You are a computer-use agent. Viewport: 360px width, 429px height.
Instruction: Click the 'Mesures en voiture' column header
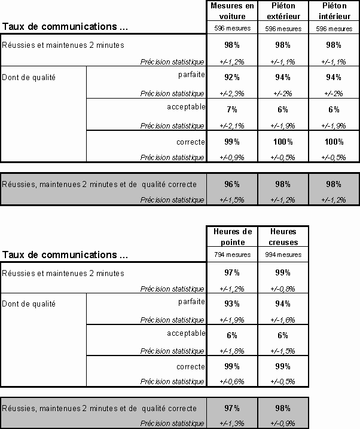232,10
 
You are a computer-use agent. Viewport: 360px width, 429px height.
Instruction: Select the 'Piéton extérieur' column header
283,10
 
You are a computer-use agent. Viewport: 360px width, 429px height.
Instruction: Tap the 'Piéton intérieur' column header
334,10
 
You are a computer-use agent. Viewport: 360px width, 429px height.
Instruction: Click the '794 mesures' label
232,255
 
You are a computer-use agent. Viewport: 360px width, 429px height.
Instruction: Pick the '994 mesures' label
283,255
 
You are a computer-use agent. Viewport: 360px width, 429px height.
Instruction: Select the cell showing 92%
232,77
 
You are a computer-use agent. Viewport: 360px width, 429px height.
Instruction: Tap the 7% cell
232,109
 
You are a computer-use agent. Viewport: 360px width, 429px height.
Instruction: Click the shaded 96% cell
232,184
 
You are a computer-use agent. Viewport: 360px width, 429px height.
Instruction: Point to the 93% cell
232,304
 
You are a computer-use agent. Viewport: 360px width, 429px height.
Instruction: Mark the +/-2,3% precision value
232,94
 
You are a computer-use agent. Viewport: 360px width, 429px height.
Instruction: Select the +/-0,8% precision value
283,289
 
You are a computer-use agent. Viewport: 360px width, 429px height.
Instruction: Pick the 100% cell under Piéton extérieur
283,142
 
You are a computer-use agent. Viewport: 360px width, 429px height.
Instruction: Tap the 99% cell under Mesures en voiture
232,142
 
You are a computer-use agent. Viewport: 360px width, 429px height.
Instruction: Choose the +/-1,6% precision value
283,320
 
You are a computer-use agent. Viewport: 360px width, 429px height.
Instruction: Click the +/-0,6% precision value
232,382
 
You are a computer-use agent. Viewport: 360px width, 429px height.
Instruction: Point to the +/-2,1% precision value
232,125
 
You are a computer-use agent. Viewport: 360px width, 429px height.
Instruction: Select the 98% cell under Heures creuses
283,408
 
